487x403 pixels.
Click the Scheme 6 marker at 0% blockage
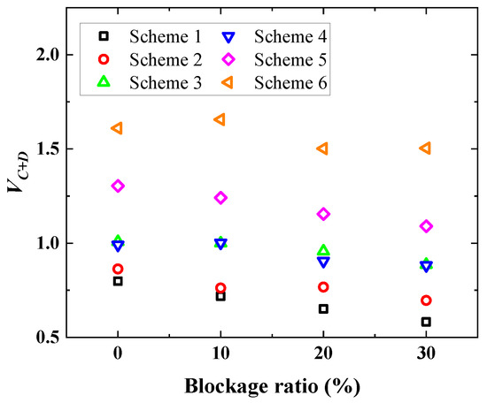117,128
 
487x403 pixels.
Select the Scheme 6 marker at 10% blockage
220,119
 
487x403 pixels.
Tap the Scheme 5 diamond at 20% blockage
323,214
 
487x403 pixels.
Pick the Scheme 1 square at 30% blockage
426,322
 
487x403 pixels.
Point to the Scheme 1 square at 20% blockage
323,308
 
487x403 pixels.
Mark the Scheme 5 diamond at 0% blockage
118,186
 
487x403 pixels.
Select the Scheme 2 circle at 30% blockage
426,300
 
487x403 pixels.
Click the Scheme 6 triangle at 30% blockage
425,148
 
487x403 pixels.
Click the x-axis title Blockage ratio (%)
271,385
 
